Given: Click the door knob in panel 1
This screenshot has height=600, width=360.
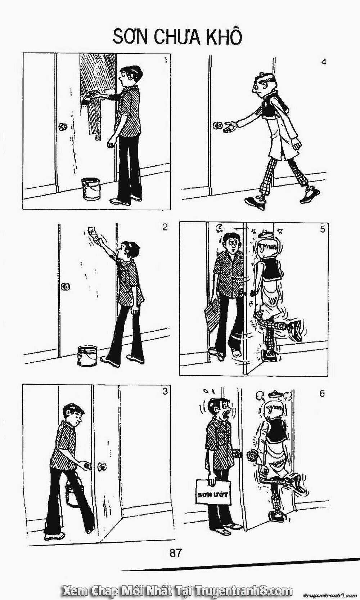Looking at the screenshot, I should pyautogui.click(x=63, y=127).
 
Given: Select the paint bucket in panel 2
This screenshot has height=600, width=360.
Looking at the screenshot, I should pyautogui.click(x=87, y=355).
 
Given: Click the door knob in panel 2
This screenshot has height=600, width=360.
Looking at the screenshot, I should pyautogui.click(x=65, y=287).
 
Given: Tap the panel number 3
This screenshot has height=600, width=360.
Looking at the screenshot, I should pyautogui.click(x=165, y=391).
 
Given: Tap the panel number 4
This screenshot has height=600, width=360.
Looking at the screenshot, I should pyautogui.click(x=323, y=62).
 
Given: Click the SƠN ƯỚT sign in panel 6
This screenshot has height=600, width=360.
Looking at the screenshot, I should pyautogui.click(x=212, y=494).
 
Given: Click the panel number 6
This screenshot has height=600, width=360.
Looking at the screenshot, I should pyautogui.click(x=322, y=394).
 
